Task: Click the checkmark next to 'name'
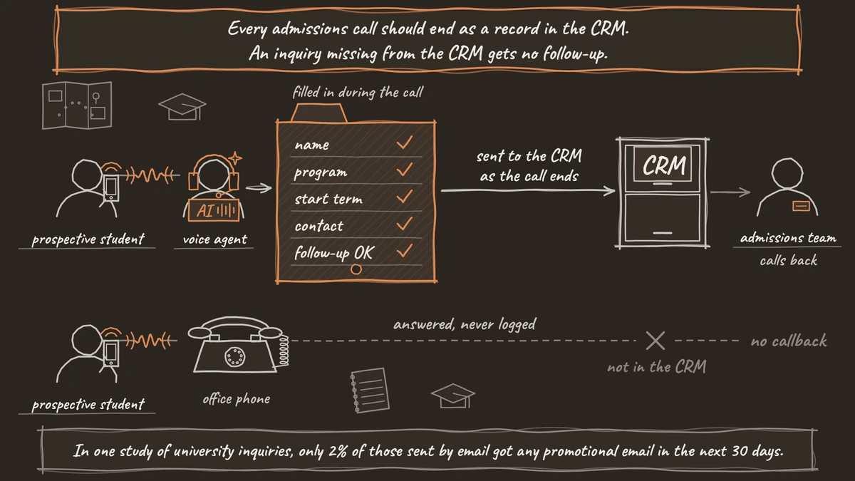[405, 143]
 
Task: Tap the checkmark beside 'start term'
[405, 197]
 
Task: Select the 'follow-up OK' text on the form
[333, 253]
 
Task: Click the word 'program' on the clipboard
[321, 172]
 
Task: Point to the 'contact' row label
[319, 226]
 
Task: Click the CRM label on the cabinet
[664, 165]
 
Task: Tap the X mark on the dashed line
[655, 341]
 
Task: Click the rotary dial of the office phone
[234, 357]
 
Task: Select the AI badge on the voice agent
[214, 210]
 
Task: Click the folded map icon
[77, 105]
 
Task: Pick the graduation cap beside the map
[182, 107]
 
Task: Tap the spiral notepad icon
[370, 391]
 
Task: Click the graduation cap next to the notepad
[453, 396]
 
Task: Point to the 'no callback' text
[789, 341]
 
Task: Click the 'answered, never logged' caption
[465, 324]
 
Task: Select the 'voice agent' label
[215, 239]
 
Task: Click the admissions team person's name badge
[801, 206]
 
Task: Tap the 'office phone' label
[237, 399]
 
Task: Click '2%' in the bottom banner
[338, 451]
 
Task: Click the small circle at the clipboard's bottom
[356, 269]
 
